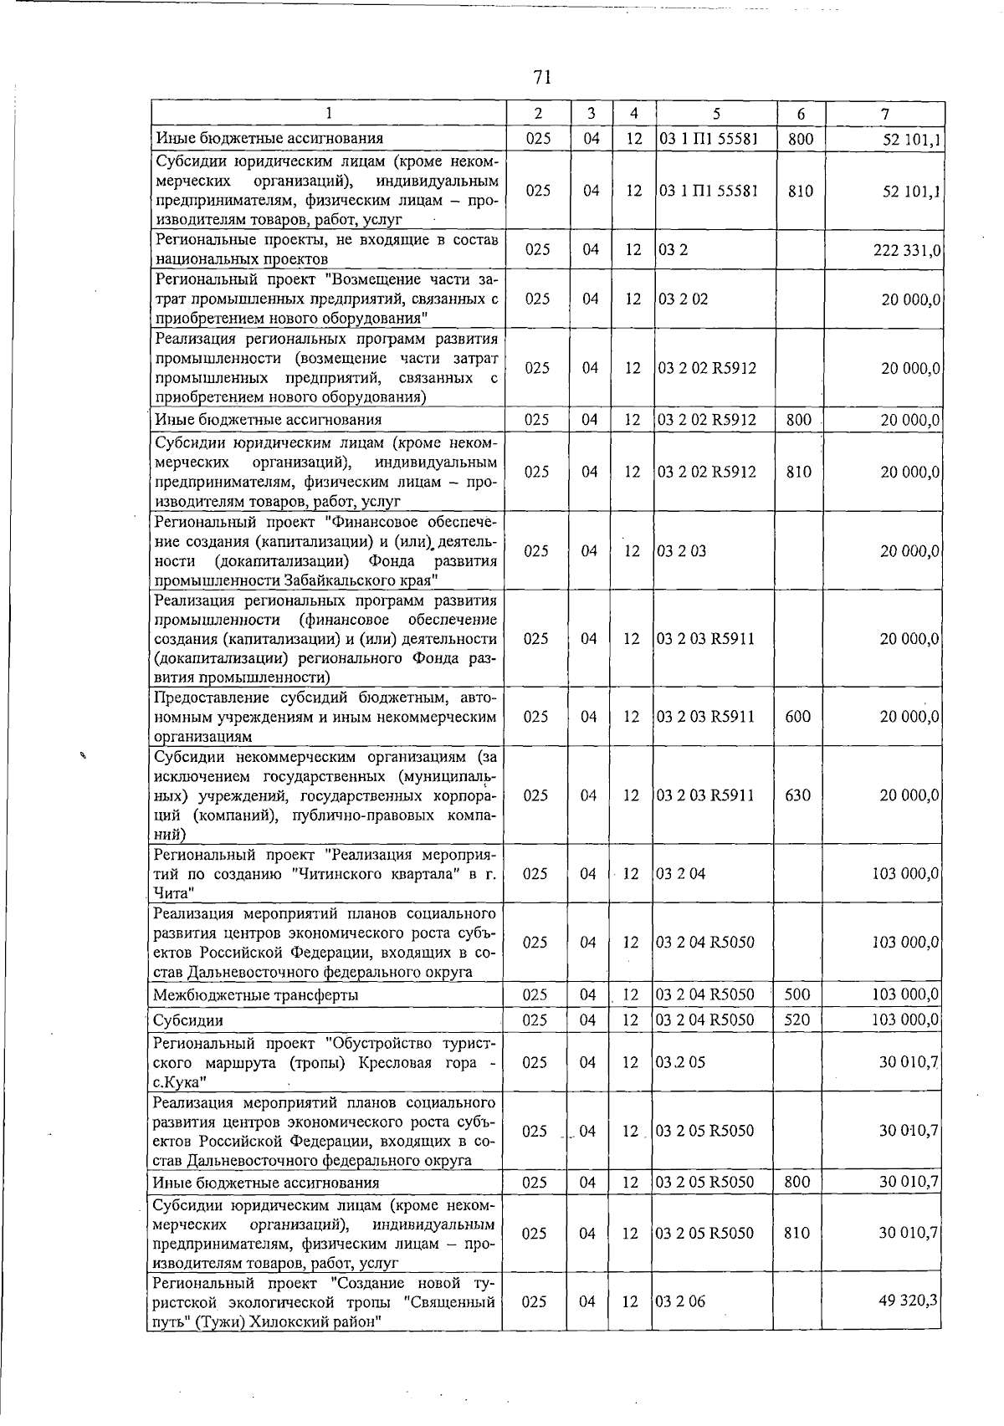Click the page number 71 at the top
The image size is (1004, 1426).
[541, 78]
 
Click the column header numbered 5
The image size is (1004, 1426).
[717, 114]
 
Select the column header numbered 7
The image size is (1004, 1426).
[884, 114]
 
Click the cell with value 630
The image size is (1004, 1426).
[797, 795]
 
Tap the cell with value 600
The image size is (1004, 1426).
[797, 717]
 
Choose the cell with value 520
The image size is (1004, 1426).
[797, 1020]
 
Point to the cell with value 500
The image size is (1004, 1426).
[797, 994]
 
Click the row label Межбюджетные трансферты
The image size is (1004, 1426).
[255, 995]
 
